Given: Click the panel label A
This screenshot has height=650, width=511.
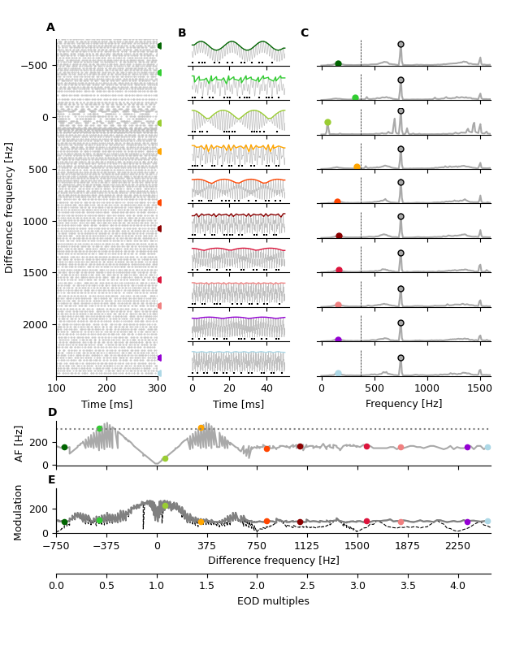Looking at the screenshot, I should [50, 28].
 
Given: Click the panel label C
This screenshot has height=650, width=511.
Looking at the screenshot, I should [304, 33].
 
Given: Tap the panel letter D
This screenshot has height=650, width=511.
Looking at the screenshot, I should [52, 413].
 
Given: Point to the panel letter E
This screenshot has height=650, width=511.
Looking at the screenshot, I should [52, 480].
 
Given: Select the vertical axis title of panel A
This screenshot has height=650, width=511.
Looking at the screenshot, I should [10, 207].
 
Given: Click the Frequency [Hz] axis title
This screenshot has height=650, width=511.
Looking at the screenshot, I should [404, 404].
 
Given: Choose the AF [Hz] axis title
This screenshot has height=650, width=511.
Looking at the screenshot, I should [19, 443].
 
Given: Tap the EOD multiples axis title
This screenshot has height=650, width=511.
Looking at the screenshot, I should [273, 601].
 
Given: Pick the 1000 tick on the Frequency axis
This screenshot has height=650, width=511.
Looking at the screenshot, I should [427, 388].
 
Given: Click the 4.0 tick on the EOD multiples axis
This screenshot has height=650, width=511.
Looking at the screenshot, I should [458, 585].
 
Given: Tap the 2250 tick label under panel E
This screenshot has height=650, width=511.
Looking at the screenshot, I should [457, 546].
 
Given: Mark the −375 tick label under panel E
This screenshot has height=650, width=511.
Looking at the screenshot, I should [106, 546].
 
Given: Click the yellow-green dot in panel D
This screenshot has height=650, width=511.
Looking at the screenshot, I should [165, 458].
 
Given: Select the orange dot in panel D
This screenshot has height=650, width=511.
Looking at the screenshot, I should [201, 428].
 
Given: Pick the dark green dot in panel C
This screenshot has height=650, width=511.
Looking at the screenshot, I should [338, 63].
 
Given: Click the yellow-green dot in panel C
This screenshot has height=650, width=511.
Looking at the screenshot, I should [327, 123].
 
